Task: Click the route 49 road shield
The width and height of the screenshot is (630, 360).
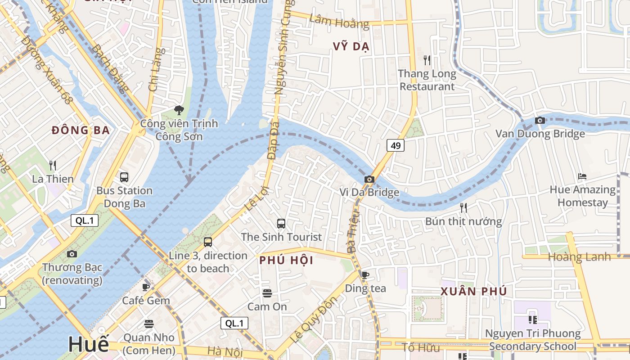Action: point(395,145)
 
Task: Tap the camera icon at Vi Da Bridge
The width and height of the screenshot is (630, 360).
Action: point(369,179)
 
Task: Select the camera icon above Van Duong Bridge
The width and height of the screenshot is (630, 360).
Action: point(540,120)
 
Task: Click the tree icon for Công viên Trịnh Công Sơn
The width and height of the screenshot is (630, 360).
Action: point(179,110)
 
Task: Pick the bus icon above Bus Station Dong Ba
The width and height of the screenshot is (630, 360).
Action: point(124,177)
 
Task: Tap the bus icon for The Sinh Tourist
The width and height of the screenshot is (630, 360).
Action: point(281,223)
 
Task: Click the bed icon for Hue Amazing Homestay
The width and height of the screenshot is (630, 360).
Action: point(582,176)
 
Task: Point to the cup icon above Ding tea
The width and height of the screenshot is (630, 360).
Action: point(365,274)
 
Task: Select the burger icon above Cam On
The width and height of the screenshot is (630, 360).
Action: point(267,293)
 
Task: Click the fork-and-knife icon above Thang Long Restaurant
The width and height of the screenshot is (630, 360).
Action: point(427,60)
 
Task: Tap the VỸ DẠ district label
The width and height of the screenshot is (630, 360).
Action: point(351,47)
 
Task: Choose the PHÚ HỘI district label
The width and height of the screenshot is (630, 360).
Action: point(286,260)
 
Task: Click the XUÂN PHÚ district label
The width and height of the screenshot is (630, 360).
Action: point(473,291)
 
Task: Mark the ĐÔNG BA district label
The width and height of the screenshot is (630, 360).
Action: point(81,130)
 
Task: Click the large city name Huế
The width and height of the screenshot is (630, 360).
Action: point(89,344)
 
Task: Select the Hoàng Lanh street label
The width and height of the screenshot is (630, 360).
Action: point(579,257)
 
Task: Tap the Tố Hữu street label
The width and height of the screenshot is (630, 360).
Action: point(420,347)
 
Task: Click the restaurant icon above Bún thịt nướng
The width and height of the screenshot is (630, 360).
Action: point(463,207)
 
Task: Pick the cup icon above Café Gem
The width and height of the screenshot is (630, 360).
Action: point(146,287)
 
